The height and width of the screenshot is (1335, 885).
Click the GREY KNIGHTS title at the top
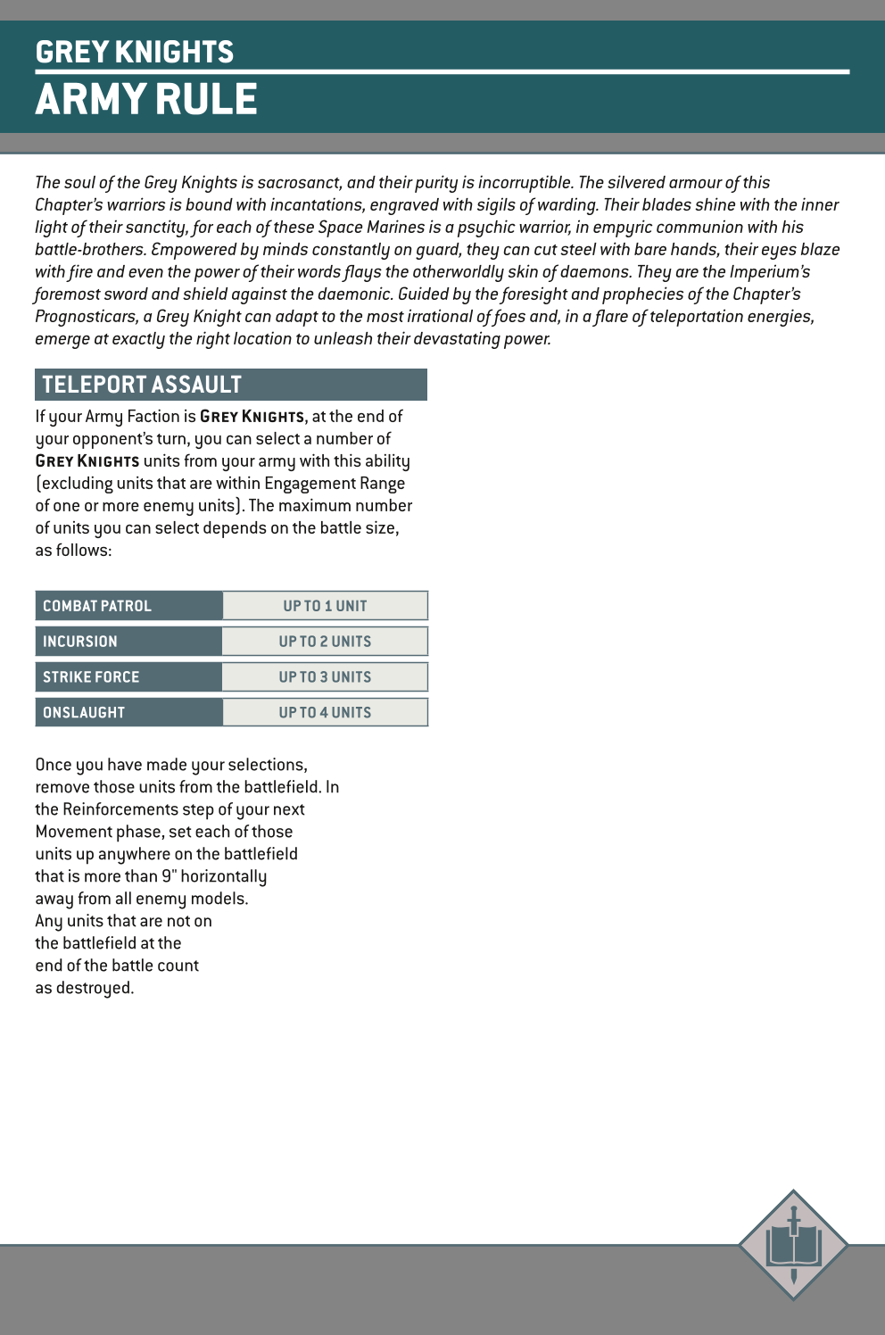(135, 52)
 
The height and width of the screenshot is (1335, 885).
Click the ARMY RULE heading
(146, 99)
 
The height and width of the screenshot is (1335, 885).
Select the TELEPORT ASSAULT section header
(142, 385)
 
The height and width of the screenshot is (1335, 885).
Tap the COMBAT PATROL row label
(97, 606)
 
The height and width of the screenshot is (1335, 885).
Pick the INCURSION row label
(80, 642)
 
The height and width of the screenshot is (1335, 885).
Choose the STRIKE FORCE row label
(91, 677)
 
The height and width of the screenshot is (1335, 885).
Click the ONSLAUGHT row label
(84, 713)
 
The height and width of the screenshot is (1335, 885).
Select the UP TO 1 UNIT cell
(325, 606)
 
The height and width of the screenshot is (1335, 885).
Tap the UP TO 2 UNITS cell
(325, 642)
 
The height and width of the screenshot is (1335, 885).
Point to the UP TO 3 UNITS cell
(325, 677)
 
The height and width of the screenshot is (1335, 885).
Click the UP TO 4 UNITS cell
(325, 713)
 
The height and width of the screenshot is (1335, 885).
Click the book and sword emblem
(793, 1244)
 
